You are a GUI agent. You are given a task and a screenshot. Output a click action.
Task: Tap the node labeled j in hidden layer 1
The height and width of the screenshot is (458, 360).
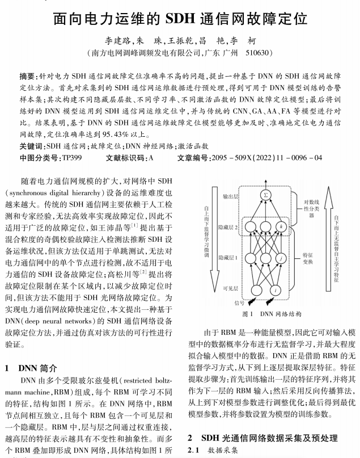[x=281, y=260]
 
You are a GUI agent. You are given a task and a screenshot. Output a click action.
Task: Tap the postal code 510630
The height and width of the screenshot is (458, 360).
[x=256, y=54]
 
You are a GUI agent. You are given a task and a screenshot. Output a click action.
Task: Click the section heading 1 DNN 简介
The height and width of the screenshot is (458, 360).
[x=33, y=367]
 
